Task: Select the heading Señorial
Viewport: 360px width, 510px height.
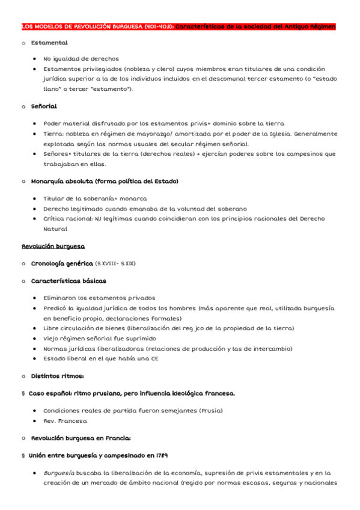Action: click(x=44, y=106)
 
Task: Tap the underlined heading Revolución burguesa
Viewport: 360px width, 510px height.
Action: click(x=53, y=247)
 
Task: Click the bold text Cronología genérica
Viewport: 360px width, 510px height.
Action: click(x=62, y=263)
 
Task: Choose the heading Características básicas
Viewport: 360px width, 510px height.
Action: click(x=69, y=281)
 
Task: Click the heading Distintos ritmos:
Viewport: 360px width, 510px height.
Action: click(x=57, y=376)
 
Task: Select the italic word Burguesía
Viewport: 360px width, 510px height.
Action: click(x=58, y=473)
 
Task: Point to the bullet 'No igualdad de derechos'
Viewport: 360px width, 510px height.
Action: click(x=81, y=60)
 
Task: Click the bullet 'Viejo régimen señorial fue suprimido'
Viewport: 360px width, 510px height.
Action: click(x=99, y=339)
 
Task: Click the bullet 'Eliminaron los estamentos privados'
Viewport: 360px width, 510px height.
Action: click(x=99, y=298)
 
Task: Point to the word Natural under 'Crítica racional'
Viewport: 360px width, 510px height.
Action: click(x=55, y=229)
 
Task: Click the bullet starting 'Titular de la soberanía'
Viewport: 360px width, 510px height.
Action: click(x=95, y=198)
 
